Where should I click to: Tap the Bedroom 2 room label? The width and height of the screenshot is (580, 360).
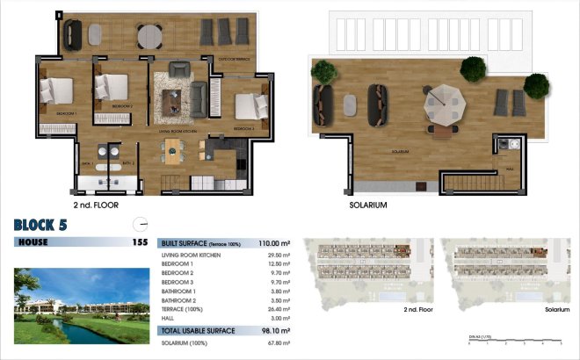point(122,106)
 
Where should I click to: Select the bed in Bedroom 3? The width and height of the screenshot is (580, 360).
point(249,107)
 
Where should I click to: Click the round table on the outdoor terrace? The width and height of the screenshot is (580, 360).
point(149,34)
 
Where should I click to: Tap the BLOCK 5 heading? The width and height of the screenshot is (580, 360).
point(40,225)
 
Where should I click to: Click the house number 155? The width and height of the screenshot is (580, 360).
point(139,241)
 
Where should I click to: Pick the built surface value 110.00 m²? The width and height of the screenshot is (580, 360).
point(274,242)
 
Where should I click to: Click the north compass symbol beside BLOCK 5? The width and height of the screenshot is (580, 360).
point(138,223)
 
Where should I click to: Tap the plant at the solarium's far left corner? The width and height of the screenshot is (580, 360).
point(323,71)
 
